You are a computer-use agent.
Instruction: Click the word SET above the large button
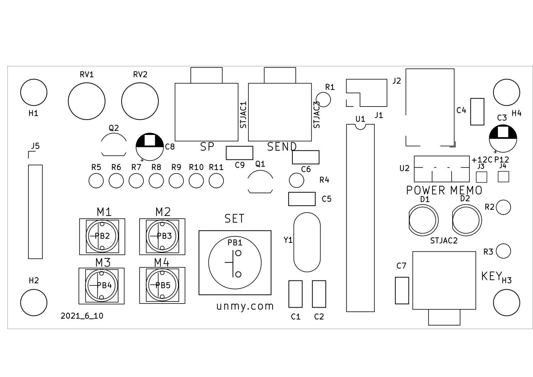click(x=235, y=219)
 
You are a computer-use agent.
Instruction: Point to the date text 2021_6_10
click(x=82, y=316)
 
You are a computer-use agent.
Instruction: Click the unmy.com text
click(x=245, y=306)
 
